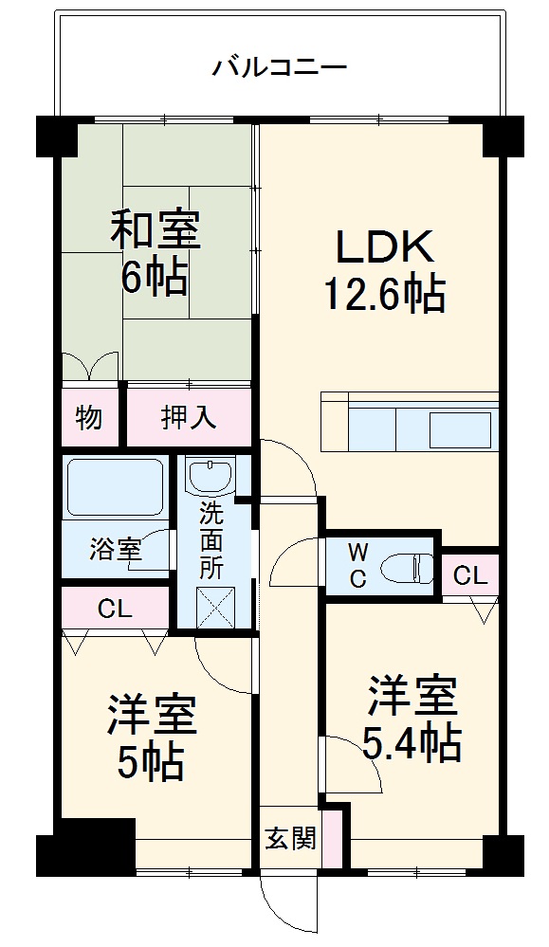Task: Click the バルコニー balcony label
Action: tap(280, 67)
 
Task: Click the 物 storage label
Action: tap(89, 417)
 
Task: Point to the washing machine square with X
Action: tap(216, 607)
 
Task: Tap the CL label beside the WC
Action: tap(469, 574)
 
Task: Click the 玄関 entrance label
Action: tap(290, 839)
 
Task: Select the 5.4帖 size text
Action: tap(412, 744)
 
